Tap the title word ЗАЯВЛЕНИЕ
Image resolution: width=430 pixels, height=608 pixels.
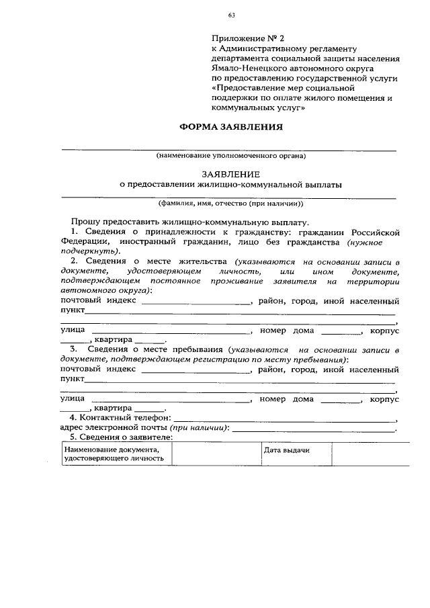pos(230,172)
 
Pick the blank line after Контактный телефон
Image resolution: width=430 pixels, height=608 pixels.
pos(286,418)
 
